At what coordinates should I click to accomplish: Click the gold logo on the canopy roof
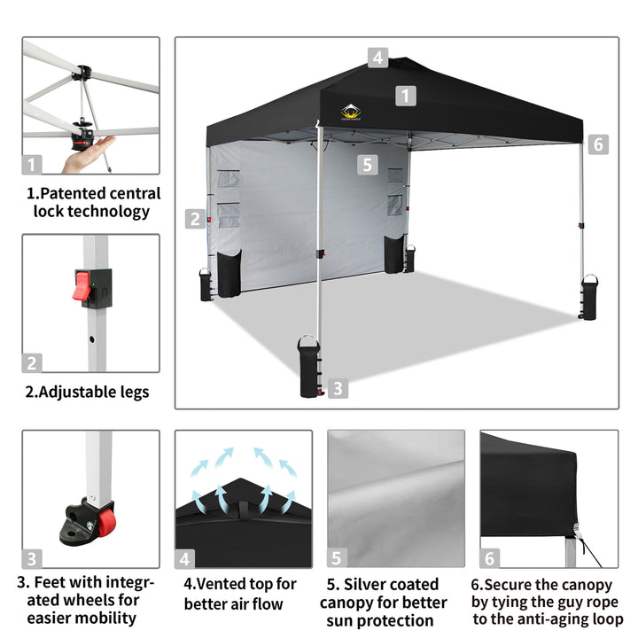coord(351,113)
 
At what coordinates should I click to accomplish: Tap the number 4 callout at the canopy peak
coord(378,58)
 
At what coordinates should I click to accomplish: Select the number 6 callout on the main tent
coord(598,144)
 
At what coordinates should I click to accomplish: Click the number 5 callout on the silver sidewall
coord(368,165)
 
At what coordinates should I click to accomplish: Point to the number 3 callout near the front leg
coord(338,389)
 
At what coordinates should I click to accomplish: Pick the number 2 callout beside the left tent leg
coord(195,219)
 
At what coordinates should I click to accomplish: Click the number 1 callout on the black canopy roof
coord(406,96)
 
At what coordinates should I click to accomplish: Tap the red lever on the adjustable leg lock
coord(82,285)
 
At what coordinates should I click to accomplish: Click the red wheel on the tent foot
coord(105,522)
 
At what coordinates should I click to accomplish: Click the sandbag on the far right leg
coord(588,298)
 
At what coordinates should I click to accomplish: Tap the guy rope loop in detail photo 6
coord(577,530)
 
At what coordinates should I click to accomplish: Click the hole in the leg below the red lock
coord(91,338)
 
